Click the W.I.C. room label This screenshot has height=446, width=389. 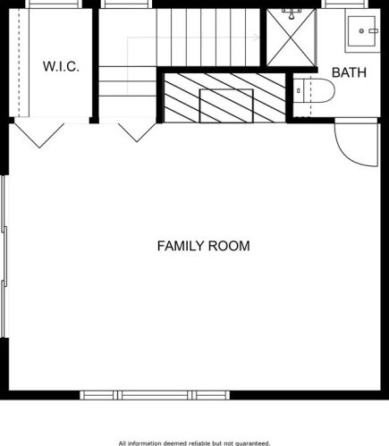coord(61,66)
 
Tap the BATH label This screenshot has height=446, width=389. coord(349,72)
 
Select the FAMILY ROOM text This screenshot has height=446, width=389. coord(204,246)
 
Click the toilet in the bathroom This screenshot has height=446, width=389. coord(314,90)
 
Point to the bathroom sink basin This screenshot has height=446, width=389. coord(361,31)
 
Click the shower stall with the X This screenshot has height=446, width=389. coord(291,38)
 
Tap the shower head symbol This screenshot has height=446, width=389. coord(292,13)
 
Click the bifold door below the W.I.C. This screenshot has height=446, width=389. coord(39,136)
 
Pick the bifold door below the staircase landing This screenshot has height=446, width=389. coord(137,132)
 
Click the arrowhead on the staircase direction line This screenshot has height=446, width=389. coord(256,38)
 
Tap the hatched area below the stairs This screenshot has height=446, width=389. coord(224,97)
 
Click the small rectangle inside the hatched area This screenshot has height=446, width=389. coord(226,105)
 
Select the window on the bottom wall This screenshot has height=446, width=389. coord(155,395)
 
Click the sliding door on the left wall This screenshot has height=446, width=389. coord(4,257)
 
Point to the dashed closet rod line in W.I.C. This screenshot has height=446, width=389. coord(20,63)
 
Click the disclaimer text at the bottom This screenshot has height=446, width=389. coord(194,443)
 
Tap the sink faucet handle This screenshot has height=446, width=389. coord(374,31)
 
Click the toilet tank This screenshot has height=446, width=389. coord(299,90)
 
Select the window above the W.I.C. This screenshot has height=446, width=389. coord(53,4)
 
